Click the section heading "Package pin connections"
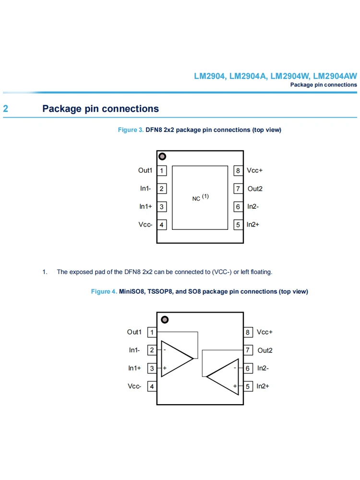point(100,109)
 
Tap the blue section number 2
point(6,109)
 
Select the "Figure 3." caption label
point(131,130)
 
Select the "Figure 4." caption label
point(104,291)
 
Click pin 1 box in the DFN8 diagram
point(162,170)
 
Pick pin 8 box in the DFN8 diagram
point(238,170)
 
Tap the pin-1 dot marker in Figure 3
point(162,156)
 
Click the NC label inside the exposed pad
point(196,198)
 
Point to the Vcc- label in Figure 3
point(145,225)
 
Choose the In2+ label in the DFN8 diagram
point(253,225)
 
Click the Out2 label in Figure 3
point(255,189)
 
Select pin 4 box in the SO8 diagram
point(152,386)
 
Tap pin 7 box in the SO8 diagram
point(248,350)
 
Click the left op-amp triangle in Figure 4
point(176,359)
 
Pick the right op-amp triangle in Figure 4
point(224,377)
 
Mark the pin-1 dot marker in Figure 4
point(164,320)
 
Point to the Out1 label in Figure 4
point(134,332)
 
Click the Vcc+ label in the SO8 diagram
point(264,332)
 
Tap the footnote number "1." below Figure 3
point(45,272)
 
